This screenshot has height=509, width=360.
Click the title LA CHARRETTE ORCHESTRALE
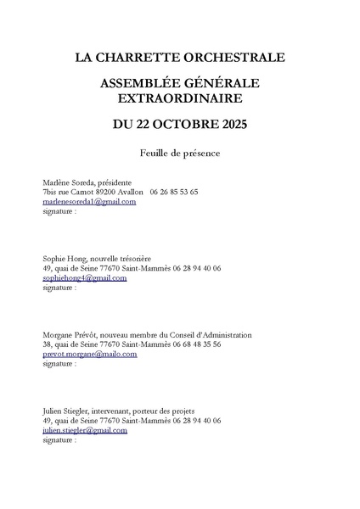click(180, 59)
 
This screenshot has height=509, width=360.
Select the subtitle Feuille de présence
click(180, 154)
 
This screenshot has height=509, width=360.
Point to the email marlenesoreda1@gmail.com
click(89, 202)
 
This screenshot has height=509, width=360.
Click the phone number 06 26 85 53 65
click(173, 192)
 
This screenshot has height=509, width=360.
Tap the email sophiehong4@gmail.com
click(84, 277)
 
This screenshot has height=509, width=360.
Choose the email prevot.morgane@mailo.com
click(89, 355)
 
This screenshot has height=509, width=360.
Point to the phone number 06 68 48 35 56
click(195, 345)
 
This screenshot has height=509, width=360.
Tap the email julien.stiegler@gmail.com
click(84, 431)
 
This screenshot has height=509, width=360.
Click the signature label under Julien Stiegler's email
click(59, 440)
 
